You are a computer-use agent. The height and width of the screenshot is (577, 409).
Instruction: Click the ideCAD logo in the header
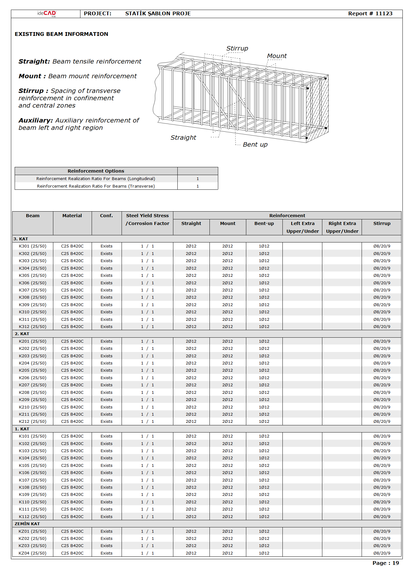click(47, 13)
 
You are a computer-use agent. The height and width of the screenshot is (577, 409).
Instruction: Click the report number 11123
click(384, 13)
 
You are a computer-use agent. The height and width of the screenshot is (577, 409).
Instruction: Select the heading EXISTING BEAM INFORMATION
click(61, 34)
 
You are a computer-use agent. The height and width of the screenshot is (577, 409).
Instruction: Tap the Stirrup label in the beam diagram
click(237, 48)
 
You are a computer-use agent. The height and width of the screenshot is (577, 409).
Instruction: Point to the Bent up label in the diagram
click(255, 144)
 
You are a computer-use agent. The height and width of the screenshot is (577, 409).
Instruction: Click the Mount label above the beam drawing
click(277, 56)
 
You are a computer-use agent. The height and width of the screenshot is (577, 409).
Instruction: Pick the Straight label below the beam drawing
click(183, 138)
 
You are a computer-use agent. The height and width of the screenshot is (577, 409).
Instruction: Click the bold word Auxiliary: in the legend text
click(36, 120)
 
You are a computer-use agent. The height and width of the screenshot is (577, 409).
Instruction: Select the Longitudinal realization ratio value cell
click(198, 179)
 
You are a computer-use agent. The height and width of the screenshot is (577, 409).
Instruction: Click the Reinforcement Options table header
click(96, 171)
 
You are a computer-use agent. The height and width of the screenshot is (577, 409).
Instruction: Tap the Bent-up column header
click(264, 223)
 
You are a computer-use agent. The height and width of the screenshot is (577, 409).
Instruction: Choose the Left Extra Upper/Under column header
click(302, 227)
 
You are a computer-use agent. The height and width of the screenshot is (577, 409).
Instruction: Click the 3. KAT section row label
click(21, 239)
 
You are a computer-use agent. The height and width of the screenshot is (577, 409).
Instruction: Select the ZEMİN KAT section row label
click(27, 524)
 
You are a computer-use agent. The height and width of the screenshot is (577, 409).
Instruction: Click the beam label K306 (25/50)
click(32, 283)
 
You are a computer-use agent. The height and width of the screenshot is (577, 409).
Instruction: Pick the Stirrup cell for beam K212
click(382, 422)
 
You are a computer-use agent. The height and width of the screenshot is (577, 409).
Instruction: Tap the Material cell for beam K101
click(72, 436)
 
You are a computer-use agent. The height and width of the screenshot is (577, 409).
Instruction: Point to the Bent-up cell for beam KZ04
click(264, 553)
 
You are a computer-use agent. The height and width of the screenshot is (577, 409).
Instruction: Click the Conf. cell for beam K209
click(106, 400)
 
